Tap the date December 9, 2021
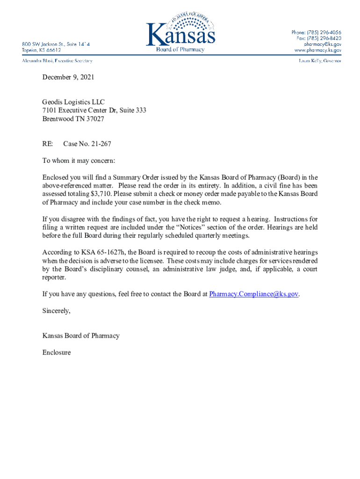click(x=68, y=77)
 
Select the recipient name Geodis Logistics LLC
click(x=74, y=102)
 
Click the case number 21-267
click(x=98, y=144)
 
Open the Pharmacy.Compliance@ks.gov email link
click(x=253, y=294)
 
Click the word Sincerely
click(x=56, y=311)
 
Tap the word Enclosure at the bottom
click(x=57, y=352)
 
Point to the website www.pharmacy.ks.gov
click(x=317, y=50)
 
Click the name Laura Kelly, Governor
click(x=320, y=61)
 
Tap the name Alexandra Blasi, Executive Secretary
click(x=58, y=61)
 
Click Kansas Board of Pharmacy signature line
click(x=81, y=335)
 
